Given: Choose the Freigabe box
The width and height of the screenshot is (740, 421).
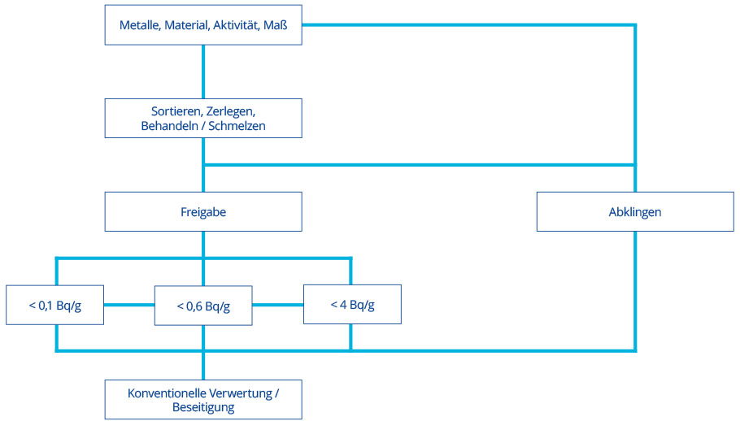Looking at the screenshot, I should point(202,212).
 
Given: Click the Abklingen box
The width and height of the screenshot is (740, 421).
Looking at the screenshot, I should point(635,212).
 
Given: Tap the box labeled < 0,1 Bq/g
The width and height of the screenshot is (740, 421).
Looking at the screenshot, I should point(54,306).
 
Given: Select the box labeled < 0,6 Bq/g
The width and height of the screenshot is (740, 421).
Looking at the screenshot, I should point(202,306).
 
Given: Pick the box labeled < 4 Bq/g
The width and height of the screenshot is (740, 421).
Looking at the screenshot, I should point(351,306).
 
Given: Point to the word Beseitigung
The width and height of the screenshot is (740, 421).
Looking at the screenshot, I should point(202,407).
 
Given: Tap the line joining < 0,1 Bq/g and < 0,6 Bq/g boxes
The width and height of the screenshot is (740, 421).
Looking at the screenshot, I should point(128,306).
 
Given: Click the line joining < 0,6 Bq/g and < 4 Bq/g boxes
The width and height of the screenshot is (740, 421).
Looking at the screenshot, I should point(277,306).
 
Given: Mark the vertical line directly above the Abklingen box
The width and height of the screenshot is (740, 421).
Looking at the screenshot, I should point(635,106).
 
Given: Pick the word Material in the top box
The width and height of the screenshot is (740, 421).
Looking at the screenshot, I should point(186,25).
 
